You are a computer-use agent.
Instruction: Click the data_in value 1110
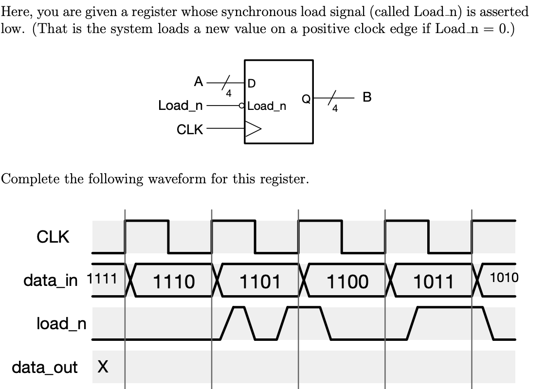(174, 282)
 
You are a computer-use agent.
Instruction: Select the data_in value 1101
(260, 282)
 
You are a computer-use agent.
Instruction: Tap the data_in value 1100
(347, 282)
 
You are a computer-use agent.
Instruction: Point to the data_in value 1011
(434, 282)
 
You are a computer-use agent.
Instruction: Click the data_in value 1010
(504, 278)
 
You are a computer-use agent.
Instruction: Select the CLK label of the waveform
(53, 237)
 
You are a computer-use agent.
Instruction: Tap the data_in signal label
(50, 281)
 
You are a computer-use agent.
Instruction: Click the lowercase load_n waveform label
(61, 323)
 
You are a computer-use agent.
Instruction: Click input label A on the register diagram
(199, 82)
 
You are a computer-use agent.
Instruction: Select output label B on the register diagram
(367, 97)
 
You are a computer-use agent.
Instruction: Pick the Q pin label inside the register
(306, 99)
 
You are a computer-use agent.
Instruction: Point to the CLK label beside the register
(190, 129)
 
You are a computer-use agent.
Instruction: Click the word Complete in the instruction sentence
(31, 179)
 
